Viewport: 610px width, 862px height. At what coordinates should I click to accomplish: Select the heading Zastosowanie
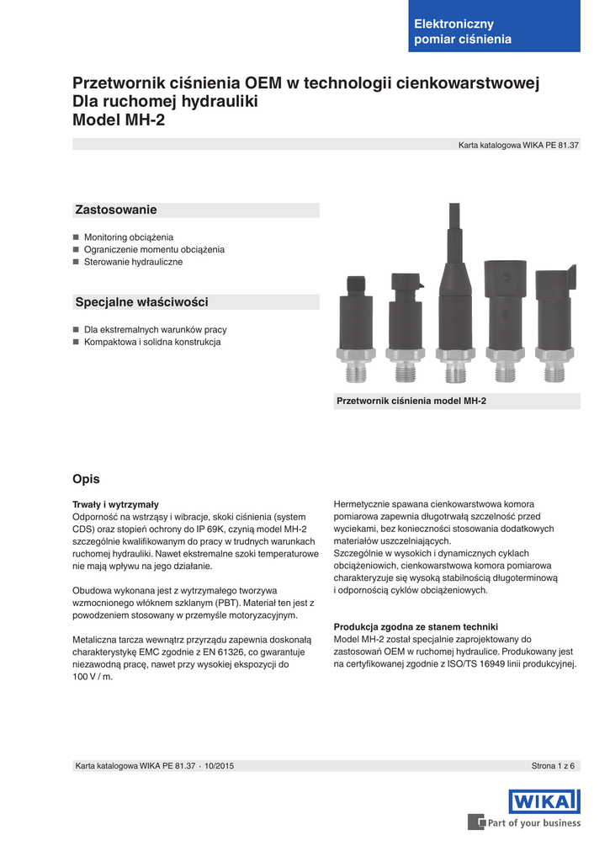pyautogui.click(x=116, y=210)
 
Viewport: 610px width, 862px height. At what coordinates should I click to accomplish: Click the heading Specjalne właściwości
pyautogui.click(x=141, y=301)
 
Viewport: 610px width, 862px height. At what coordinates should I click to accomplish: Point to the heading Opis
pyautogui.click(x=87, y=479)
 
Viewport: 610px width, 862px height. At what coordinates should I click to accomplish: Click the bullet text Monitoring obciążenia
pyautogui.click(x=128, y=237)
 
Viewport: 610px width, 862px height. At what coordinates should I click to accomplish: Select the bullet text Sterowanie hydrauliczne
pyautogui.click(x=133, y=262)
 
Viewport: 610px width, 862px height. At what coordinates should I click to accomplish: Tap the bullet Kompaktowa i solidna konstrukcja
pyautogui.click(x=151, y=343)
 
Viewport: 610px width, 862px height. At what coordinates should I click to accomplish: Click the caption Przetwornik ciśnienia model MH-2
pyautogui.click(x=411, y=402)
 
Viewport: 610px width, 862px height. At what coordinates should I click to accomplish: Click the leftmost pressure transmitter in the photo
pyautogui.click(x=357, y=328)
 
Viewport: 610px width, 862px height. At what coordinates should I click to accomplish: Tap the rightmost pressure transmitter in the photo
pyautogui.click(x=554, y=324)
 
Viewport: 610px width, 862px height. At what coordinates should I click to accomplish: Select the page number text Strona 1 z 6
pyautogui.click(x=553, y=766)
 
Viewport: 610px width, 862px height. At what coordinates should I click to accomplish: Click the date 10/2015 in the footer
pyautogui.click(x=219, y=766)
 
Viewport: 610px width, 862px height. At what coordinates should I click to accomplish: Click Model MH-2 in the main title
pyautogui.click(x=119, y=120)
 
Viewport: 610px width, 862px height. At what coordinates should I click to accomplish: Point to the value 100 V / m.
pyautogui.click(x=93, y=677)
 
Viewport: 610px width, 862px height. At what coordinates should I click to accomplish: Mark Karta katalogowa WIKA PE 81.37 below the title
pyautogui.click(x=518, y=146)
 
